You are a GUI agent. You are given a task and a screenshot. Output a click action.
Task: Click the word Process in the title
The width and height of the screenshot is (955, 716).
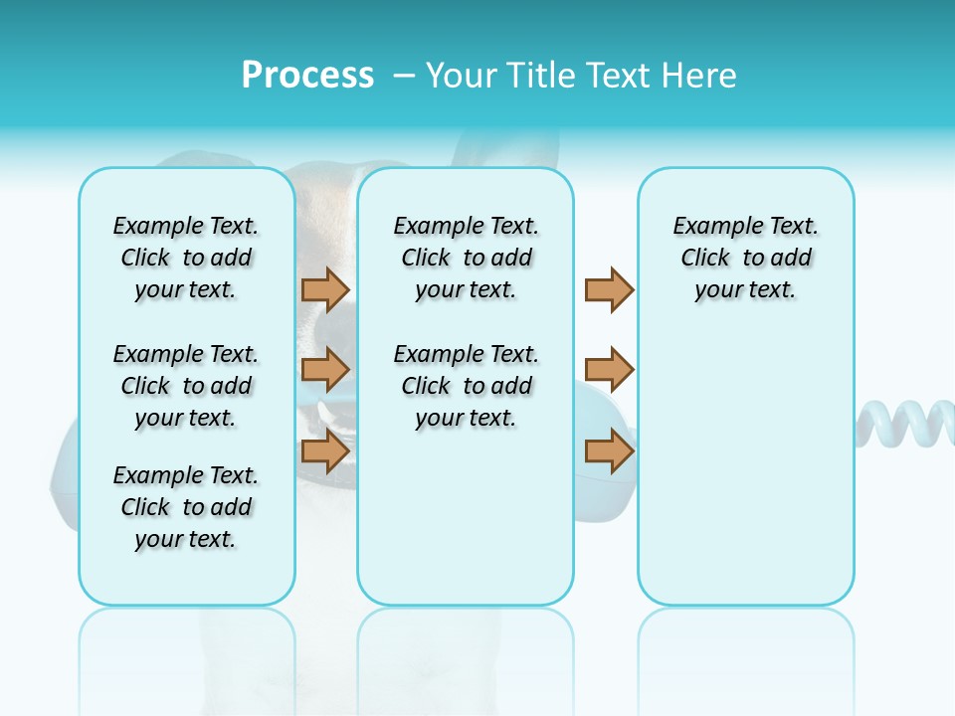[307, 76]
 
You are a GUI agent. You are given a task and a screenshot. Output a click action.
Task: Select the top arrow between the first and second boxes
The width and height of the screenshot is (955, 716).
[324, 289]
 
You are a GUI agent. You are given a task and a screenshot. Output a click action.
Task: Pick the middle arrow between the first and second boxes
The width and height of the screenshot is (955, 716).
[324, 370]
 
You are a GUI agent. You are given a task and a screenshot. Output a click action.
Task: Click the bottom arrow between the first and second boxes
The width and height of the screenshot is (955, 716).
[324, 451]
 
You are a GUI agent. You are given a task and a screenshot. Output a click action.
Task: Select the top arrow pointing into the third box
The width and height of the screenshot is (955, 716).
[609, 289]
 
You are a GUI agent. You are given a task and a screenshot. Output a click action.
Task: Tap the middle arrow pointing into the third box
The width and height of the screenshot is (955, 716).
[609, 370]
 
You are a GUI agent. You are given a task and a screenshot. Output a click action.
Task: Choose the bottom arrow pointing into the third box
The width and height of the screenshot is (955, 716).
[609, 451]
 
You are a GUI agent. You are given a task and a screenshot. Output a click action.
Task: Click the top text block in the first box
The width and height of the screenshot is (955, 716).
[186, 258]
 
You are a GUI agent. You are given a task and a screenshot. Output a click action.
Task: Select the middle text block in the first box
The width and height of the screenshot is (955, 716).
[186, 386]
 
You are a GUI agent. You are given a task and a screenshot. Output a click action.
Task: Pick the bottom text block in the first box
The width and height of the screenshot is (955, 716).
[186, 507]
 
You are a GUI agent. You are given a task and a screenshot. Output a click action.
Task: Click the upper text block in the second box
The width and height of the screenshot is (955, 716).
[466, 258]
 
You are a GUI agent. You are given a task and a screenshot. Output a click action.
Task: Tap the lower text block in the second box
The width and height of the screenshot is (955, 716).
[466, 386]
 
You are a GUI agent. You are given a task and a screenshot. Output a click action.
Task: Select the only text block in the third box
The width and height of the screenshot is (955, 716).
[745, 258]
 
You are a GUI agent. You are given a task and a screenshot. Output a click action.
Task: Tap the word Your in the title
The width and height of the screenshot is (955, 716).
[461, 76]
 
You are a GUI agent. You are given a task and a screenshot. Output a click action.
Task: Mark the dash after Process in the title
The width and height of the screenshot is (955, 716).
[403, 77]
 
